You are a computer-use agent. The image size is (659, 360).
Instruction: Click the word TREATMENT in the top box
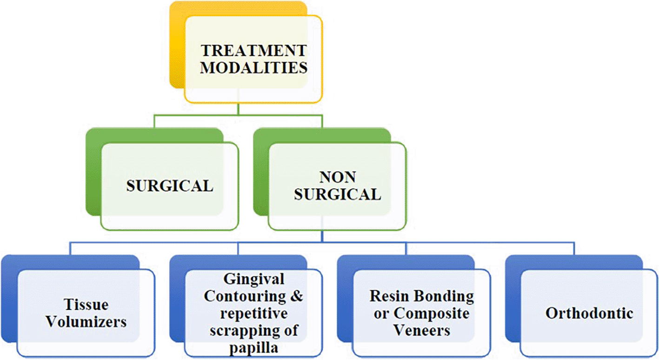coord(254,50)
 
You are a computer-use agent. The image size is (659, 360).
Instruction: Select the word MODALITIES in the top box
coord(254,67)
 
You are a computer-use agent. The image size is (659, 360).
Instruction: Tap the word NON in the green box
coord(338,177)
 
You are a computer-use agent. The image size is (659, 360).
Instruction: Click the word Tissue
coord(86,304)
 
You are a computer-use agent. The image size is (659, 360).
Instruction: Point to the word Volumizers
coord(86,321)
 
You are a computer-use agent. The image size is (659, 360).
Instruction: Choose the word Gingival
coord(254,279)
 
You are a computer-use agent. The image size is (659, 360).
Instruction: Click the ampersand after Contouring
coord(297,296)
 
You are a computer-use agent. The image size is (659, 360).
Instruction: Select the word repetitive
coord(254,313)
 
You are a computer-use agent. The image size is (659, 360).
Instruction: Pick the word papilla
coord(253,347)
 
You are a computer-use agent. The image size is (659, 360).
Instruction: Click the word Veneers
coord(422,330)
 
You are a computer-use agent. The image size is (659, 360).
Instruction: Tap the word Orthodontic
coord(589,313)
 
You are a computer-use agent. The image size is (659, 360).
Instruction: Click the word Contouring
coord(245,296)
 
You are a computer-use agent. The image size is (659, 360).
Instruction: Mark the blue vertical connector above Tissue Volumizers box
coord(70,248)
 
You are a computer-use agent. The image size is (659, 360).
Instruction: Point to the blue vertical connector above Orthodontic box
coord(574,248)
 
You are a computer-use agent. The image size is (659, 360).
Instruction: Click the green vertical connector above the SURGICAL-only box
coord(154,121)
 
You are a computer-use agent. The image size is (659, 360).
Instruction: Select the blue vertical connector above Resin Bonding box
coord(406,248)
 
